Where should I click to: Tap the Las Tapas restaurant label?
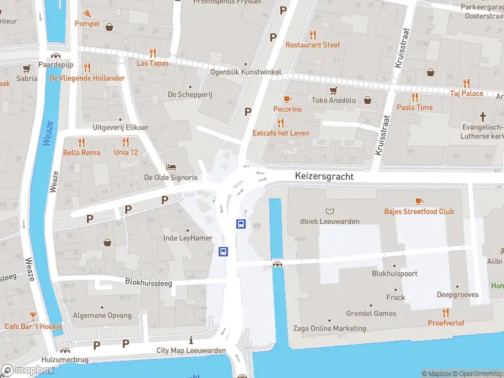click(x=153, y=63)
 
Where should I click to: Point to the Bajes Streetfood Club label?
click(x=419, y=212)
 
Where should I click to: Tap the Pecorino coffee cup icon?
click(x=287, y=99)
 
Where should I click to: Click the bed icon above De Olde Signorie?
click(x=171, y=168)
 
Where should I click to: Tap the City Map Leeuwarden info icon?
click(x=191, y=340)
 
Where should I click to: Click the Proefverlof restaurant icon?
click(x=446, y=312)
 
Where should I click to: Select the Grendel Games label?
click(x=371, y=313)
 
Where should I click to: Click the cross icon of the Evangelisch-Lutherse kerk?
click(x=483, y=117)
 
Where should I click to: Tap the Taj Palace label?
click(x=466, y=93)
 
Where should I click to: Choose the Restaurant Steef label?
click(x=312, y=45)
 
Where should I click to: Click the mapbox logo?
click(x=28, y=370)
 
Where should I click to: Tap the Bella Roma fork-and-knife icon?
click(x=81, y=142)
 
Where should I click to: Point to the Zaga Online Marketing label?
click(x=329, y=328)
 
